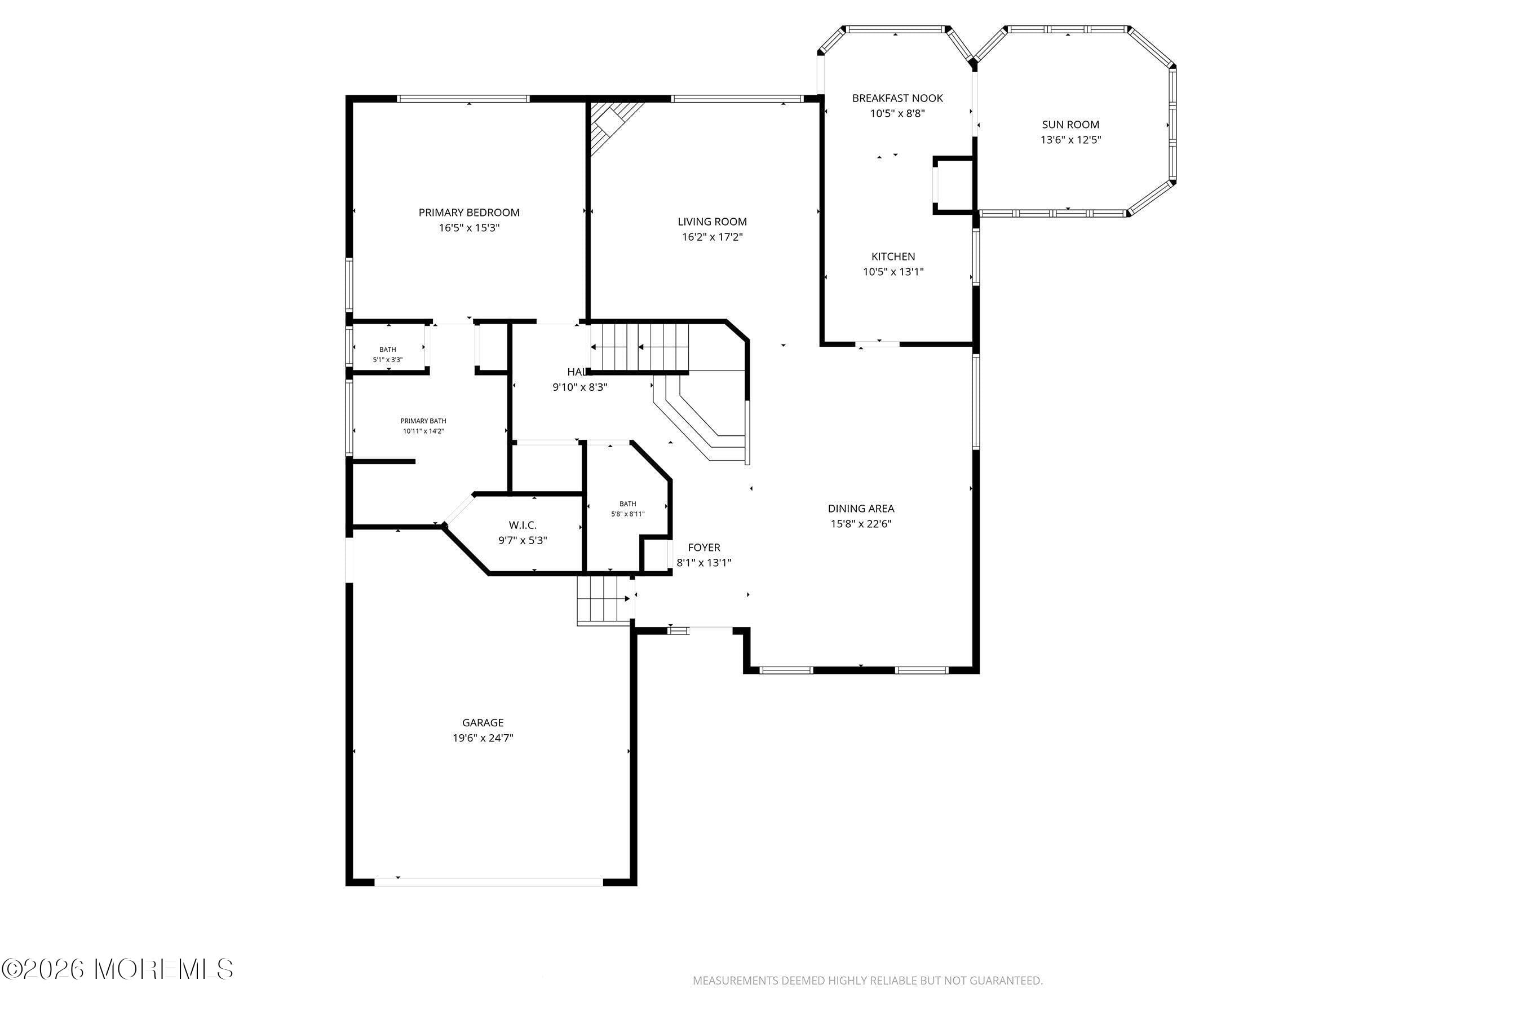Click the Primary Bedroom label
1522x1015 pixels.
[468, 213]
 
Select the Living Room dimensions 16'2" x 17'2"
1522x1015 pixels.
[712, 237]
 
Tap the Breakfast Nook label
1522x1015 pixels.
[897, 98]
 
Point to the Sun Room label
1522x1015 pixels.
[1070, 124]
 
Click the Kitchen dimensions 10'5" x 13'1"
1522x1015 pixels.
[893, 272]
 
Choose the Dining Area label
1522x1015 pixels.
[861, 509]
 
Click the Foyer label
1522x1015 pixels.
[704, 548]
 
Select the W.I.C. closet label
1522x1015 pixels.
[522, 525]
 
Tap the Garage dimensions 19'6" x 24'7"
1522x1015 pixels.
[483, 738]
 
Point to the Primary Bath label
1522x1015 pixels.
[423, 421]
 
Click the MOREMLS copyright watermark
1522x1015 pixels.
[117, 969]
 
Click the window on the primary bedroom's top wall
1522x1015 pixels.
[463, 99]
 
